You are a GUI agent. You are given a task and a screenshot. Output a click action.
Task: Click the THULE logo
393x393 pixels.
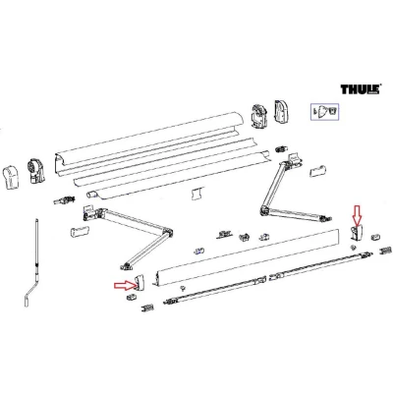point(361,89)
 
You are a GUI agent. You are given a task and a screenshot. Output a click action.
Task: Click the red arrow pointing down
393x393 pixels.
point(357,214)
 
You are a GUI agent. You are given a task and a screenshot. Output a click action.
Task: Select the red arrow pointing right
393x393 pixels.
point(125,286)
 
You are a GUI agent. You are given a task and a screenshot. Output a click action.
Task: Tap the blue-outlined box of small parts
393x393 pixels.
point(324,111)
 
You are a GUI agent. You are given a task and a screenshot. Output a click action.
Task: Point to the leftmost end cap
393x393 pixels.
point(12,177)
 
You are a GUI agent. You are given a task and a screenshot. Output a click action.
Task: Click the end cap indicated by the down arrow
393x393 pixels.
point(355,233)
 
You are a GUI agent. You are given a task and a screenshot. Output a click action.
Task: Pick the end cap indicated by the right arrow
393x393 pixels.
point(140,282)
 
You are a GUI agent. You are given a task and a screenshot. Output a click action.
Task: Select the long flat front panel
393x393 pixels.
point(248,257)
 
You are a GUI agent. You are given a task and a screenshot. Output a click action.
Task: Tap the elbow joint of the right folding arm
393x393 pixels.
point(263,210)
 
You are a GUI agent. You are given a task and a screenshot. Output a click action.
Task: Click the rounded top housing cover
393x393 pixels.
point(149,138)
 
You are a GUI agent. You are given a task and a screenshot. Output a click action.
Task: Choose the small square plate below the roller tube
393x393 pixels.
point(196,194)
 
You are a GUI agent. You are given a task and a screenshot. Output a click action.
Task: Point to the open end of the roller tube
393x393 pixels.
point(90,195)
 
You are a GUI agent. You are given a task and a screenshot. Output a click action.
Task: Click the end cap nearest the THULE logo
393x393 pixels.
point(281,112)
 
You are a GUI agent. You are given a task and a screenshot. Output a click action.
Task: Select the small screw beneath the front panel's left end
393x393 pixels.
point(182,288)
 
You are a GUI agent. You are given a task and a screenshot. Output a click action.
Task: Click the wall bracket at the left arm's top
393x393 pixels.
point(88,211)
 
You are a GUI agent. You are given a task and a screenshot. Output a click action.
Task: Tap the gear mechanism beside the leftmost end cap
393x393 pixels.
point(35,170)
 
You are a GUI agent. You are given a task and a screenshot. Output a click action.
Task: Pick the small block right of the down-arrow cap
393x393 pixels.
point(375,237)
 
